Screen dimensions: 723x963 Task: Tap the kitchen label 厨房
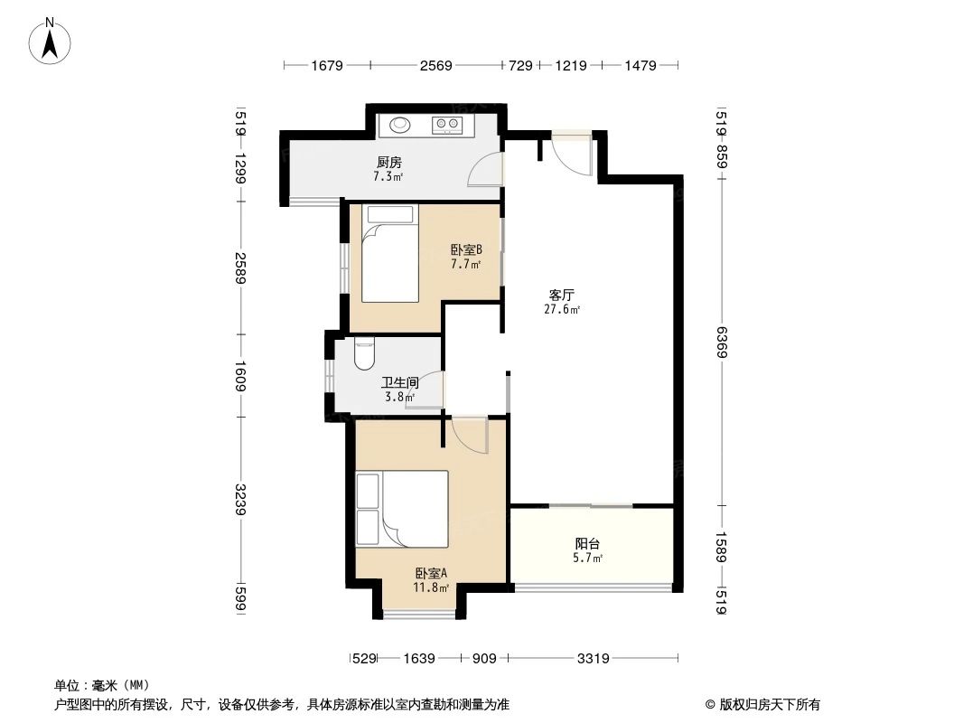(x=388, y=163)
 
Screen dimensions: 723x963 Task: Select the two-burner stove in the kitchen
(x=446, y=125)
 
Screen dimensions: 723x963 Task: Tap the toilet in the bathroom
(x=365, y=353)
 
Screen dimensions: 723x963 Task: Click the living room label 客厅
(x=562, y=295)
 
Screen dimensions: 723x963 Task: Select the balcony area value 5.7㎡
(x=588, y=559)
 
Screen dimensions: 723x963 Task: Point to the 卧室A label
(x=431, y=573)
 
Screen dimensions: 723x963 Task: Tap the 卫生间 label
(x=397, y=383)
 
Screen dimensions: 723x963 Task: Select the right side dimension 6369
(x=721, y=342)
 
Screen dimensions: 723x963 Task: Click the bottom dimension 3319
(x=593, y=659)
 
